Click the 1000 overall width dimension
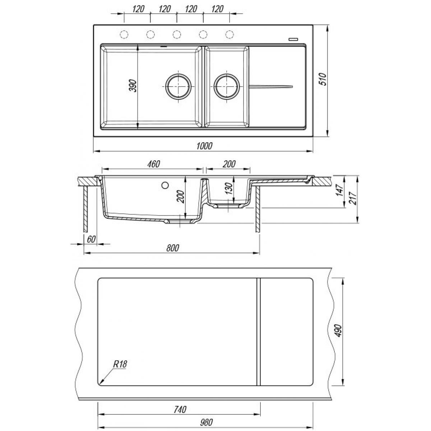204,146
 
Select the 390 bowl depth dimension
133,85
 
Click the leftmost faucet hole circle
124,34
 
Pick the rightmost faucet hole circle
230,34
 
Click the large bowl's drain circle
178,86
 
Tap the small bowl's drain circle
227,86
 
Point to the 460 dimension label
154,164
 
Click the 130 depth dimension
229,189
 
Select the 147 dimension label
340,190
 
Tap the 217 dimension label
353,198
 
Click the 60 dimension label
91,239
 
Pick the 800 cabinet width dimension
173,248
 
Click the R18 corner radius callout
120,364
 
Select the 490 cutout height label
338,330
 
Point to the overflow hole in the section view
165,185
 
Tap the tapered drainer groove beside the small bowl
271,87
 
